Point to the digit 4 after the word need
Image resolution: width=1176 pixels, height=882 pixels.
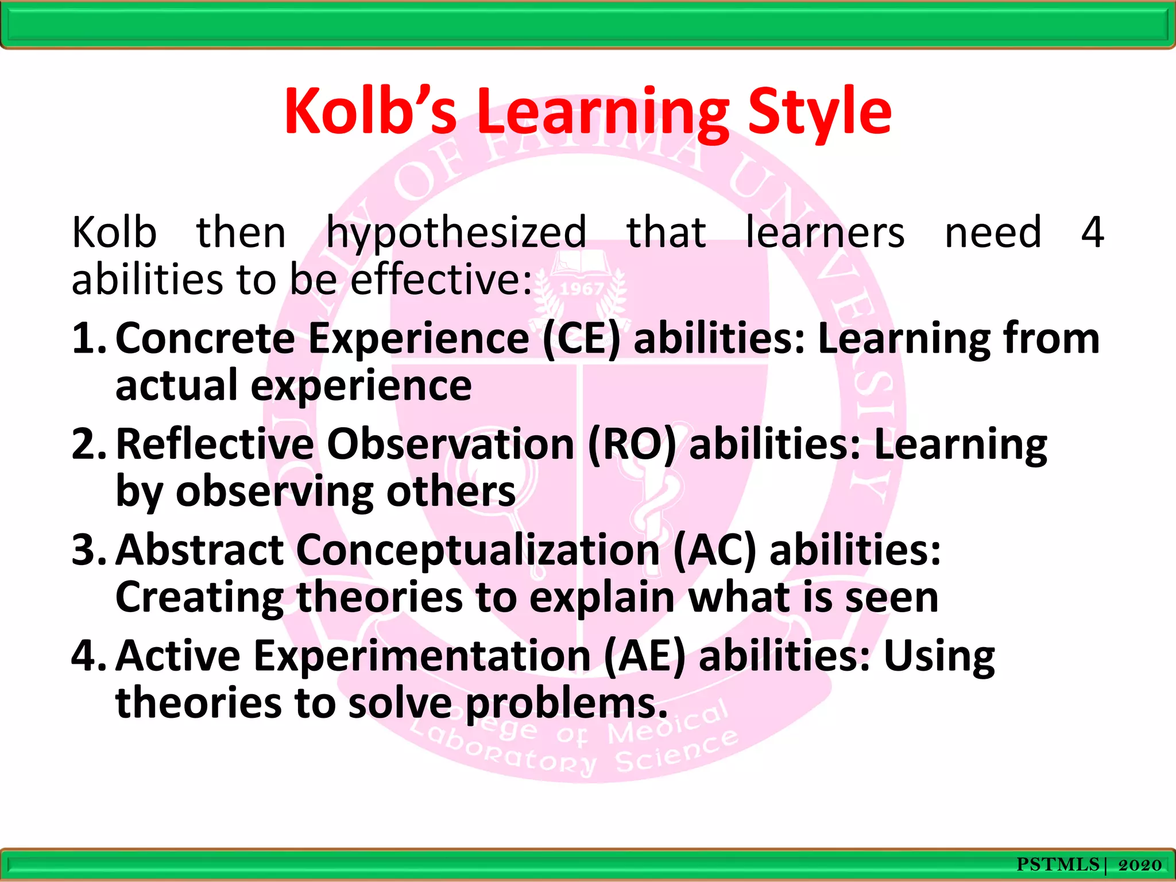(x=1092, y=232)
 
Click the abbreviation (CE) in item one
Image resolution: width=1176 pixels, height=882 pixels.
(x=581, y=339)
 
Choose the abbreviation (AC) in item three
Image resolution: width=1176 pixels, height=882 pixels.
(x=714, y=551)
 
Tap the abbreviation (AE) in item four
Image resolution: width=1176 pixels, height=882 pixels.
(x=644, y=656)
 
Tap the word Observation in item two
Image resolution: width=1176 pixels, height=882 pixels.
(x=451, y=445)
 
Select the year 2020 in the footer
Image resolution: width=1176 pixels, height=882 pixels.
(x=1140, y=865)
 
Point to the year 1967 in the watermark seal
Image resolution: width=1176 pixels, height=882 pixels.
(x=581, y=289)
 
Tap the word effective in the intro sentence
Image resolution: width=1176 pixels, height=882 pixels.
(x=441, y=280)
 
